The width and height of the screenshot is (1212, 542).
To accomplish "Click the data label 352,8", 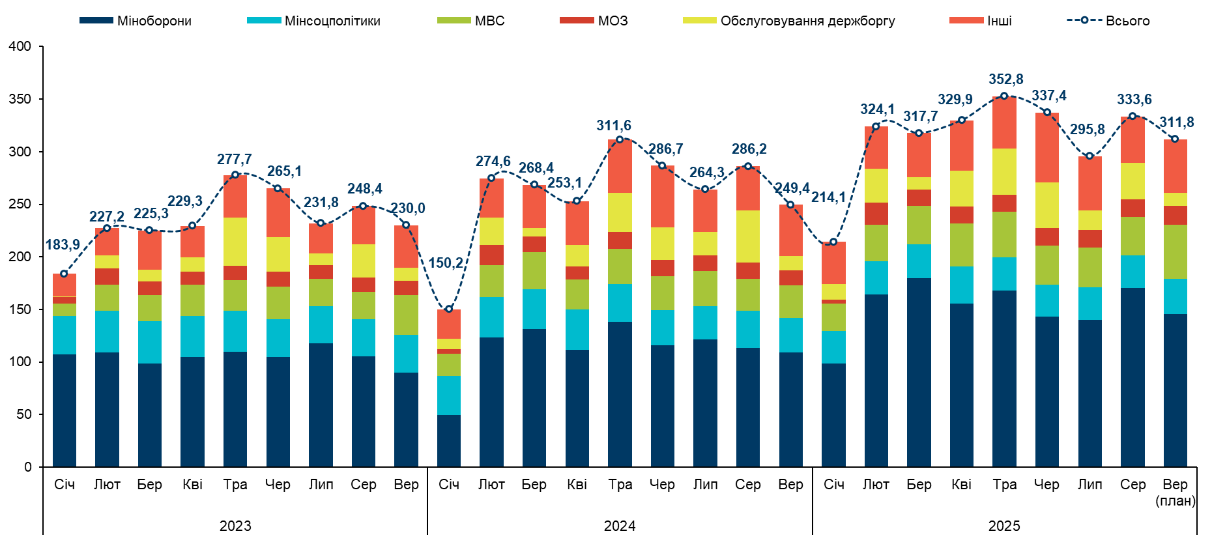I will coord(1005,79).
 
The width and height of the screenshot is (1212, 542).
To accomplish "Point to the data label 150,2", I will coord(446,263).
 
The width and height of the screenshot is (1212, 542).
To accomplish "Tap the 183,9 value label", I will coord(63,245).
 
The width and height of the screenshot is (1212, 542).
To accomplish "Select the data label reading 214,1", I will coord(828,197).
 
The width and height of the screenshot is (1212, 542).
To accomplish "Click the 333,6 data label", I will coord(1134,100).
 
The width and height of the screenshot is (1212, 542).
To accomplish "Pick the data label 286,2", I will coord(749,149).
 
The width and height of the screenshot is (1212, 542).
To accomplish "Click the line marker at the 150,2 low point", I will coord(448,309).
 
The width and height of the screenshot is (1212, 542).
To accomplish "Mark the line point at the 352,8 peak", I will coord(1004,96).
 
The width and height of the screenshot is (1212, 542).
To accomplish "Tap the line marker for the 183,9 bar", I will coord(64,274).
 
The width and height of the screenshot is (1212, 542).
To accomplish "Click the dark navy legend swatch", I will coord(96,20).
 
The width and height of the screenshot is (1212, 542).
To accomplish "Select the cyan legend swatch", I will coord(264,20).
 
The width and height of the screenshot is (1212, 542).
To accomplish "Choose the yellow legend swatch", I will coord(699,20).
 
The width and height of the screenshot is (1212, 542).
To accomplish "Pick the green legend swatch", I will coord(454,20).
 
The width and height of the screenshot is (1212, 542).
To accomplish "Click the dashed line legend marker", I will coord(1084,20).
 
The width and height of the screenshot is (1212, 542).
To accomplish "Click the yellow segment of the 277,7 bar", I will coord(235,241).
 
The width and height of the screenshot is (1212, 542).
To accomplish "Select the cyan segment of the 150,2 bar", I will coord(448,395).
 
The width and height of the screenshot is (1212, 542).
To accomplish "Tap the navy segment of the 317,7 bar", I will coord(919,371).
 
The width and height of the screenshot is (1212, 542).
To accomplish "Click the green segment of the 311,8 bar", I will coord(1176,251).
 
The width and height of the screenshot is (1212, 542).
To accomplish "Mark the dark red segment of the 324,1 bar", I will coord(876,214).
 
